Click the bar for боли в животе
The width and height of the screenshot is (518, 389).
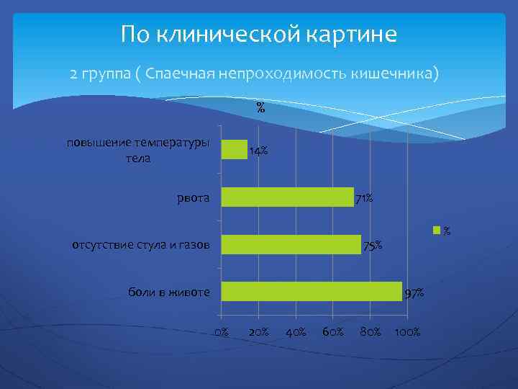[311, 291]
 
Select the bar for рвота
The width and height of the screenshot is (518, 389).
[287, 197]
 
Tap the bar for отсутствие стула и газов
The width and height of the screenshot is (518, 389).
[291, 245]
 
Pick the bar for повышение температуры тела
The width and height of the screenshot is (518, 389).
[234, 149]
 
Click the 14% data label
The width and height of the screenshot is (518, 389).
[258, 151]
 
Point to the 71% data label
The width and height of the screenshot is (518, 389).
[363, 198]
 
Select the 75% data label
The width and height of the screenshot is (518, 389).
[373, 246]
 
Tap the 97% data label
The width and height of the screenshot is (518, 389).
[414, 293]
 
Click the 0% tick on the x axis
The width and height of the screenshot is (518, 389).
[222, 331]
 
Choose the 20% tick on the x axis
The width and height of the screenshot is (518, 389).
[258, 331]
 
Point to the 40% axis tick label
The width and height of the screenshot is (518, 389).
[296, 331]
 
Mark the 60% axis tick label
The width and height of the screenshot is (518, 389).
[333, 331]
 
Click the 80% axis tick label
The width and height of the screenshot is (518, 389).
[371, 331]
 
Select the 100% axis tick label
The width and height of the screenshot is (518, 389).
[408, 331]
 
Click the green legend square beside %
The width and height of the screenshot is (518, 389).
[435, 231]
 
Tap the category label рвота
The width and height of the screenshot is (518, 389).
[194, 197]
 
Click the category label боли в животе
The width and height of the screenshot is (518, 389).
[169, 292]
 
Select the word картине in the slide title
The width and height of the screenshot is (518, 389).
[350, 34]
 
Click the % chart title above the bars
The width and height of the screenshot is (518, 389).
[260, 109]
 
